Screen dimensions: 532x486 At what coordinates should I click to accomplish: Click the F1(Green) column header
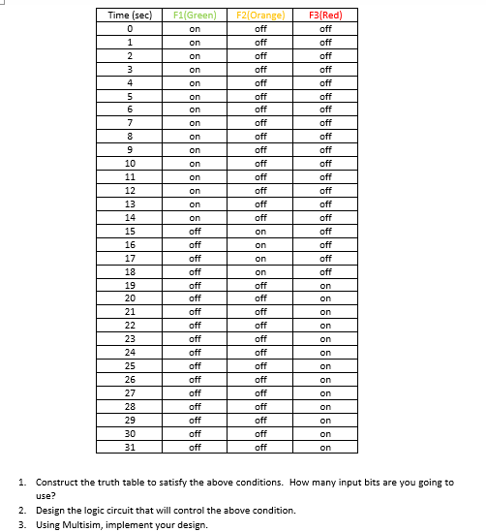195,16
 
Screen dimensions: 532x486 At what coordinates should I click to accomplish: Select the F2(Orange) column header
260,16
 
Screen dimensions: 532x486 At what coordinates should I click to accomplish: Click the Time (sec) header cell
130,16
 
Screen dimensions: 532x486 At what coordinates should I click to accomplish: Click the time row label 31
130,448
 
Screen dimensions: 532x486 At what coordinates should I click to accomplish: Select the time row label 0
130,29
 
